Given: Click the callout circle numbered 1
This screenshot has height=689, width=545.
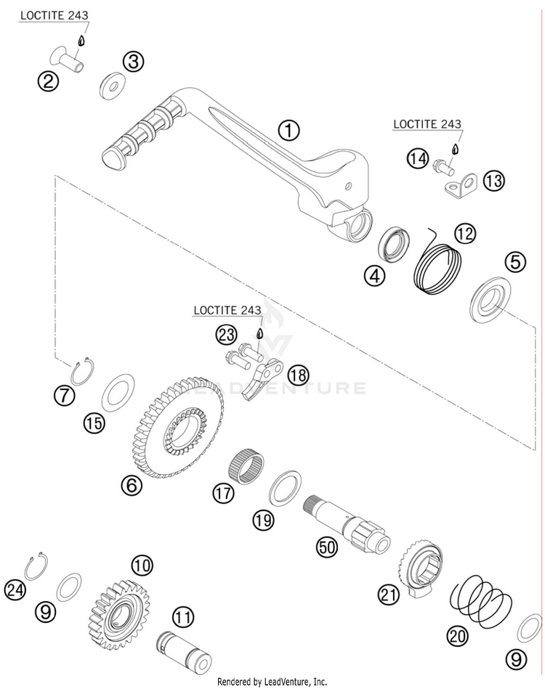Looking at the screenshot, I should click(x=289, y=131).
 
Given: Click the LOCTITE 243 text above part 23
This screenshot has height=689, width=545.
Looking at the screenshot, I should click(x=227, y=310).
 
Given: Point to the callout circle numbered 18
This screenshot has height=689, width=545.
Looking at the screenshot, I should click(x=296, y=375).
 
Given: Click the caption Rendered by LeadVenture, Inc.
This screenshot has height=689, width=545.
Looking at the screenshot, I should click(x=272, y=682).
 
